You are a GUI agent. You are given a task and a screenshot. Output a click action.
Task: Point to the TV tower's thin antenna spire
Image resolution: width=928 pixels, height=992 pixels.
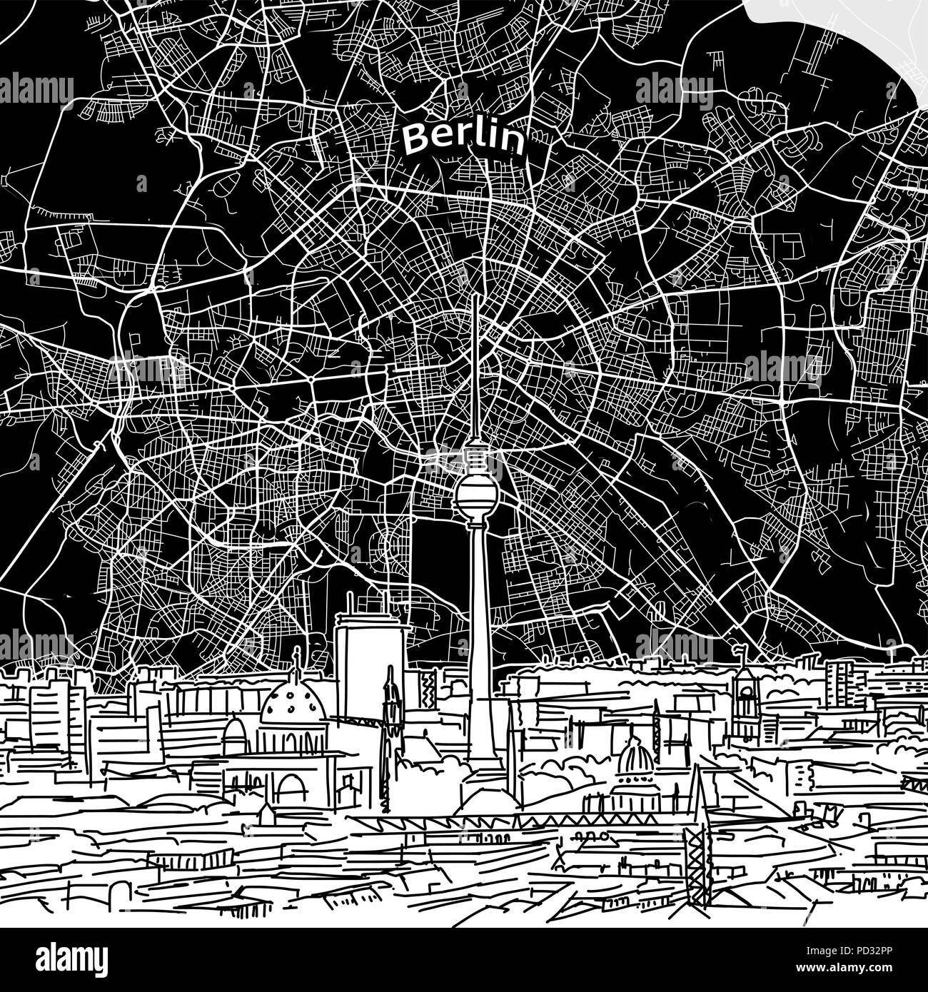tap(474, 357)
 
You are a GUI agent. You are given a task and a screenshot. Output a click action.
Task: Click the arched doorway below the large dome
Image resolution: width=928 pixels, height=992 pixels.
tap(291, 789)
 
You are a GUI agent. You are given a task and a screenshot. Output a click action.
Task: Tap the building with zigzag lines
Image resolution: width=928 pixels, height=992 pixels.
tap(429, 686)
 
